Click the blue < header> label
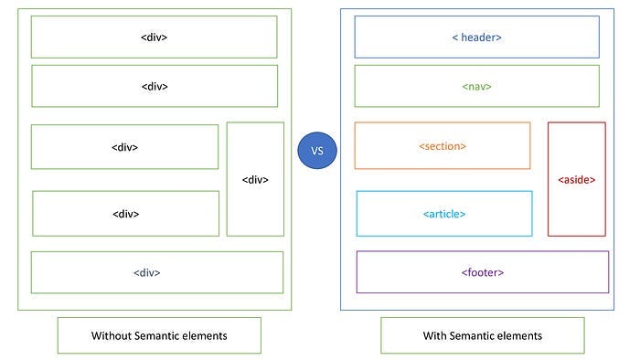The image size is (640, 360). tap(477, 37)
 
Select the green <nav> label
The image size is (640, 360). tap(477, 87)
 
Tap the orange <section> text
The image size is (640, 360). tap(443, 146)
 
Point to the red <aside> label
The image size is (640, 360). tap(576, 180)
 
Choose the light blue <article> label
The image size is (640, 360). tap(444, 214)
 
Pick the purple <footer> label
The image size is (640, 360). tap(482, 272)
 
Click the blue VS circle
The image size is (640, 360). tap(317, 150)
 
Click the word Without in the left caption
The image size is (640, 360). tap(112, 335)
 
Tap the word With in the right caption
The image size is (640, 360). tap(435, 335)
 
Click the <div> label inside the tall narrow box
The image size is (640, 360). tap(255, 180)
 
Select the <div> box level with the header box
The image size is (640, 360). tap(154, 37)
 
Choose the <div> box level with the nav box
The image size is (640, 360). tap(155, 87)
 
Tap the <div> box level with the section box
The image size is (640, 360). tap(124, 147)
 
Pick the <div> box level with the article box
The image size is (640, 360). tap(125, 214)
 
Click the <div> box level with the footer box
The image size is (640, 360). tap(156, 272)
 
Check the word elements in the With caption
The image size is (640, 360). tap(520, 335)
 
